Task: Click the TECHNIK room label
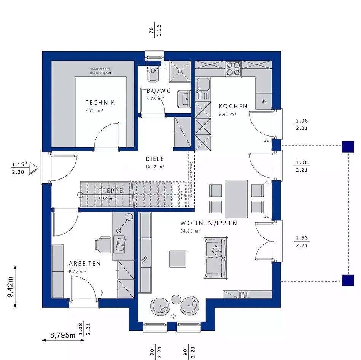coord(100,102)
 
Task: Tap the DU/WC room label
coord(159,91)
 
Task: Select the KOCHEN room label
coord(233,106)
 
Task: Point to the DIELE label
coord(155,159)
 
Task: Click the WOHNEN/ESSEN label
coord(208,223)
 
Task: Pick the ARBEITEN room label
coord(84,263)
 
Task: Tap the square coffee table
coord(178,259)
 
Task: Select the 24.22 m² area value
coord(191,231)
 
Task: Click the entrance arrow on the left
coord(34,168)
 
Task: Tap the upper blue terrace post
coord(347,147)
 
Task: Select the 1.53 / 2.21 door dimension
coord(301,242)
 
